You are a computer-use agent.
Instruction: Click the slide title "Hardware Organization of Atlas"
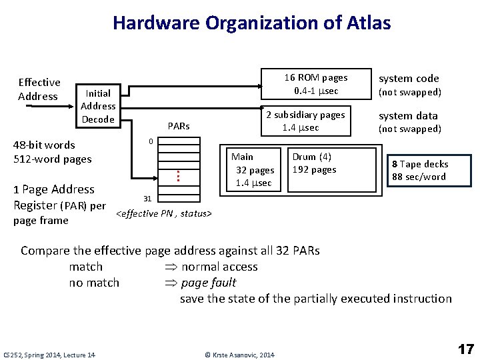[x=251, y=23]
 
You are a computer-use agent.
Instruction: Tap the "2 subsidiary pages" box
[x=305, y=121]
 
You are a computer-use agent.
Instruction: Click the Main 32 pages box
[x=252, y=169]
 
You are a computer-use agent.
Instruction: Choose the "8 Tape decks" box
[x=420, y=170]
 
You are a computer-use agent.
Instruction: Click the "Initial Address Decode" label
[x=98, y=106]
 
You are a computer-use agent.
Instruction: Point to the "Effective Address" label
[x=39, y=89]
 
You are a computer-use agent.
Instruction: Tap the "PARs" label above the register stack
[x=179, y=126]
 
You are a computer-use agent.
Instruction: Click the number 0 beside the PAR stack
[x=151, y=141]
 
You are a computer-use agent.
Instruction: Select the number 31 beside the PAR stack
[x=148, y=199]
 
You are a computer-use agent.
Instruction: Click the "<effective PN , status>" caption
[x=163, y=213]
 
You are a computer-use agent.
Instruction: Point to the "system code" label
[x=409, y=78]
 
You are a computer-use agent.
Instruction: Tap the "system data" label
[x=409, y=115]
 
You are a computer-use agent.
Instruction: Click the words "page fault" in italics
[x=209, y=283]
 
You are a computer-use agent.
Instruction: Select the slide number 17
[x=465, y=349]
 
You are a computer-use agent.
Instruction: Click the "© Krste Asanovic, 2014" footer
[x=239, y=355]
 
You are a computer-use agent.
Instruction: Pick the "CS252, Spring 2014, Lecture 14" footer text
[x=49, y=355]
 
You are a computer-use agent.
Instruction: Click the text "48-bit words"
[x=44, y=145]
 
